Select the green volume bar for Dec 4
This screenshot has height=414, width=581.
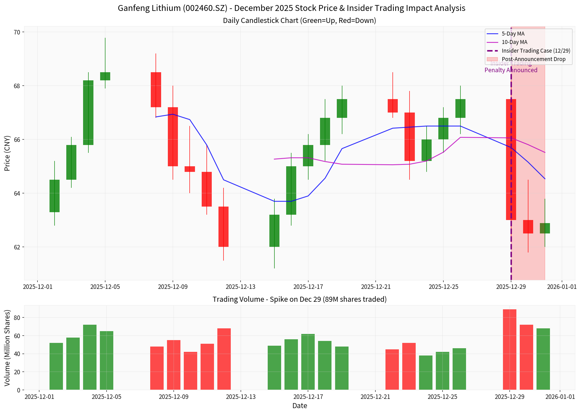(90, 357)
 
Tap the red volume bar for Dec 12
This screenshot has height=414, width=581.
(224, 359)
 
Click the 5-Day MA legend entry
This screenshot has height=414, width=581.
(513, 34)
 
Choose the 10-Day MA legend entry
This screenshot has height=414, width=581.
(514, 42)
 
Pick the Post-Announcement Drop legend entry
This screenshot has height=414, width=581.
(533, 59)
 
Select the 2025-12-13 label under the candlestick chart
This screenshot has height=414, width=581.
(240, 287)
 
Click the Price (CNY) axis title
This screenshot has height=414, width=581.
(7, 153)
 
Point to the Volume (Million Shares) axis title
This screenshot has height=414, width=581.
(7, 348)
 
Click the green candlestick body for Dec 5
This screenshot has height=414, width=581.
(105, 76)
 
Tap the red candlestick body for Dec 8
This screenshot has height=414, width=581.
(156, 90)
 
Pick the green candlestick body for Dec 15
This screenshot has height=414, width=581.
(274, 231)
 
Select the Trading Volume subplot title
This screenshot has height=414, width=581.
(299, 299)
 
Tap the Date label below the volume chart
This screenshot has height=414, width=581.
(300, 406)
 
